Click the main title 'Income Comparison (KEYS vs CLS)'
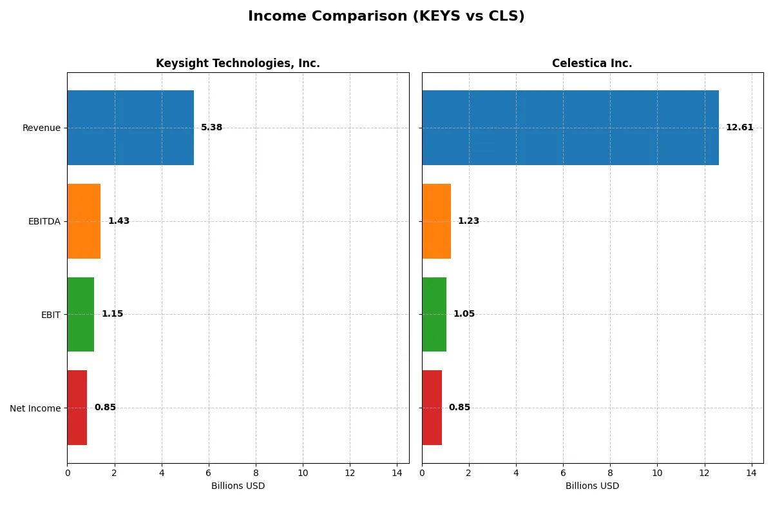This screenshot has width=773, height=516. [x=386, y=17]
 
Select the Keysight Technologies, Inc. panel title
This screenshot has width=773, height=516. [x=238, y=63]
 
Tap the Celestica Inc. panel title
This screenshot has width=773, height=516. [x=592, y=63]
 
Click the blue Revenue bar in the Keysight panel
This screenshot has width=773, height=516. [x=131, y=128]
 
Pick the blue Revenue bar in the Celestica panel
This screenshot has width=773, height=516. [x=570, y=128]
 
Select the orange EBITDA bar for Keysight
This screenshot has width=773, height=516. [x=84, y=221]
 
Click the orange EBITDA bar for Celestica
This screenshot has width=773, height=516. [x=436, y=221]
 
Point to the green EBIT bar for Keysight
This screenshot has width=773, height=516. [x=81, y=314]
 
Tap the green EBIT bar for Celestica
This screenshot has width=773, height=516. [x=434, y=314]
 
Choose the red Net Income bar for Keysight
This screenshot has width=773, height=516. [x=77, y=408]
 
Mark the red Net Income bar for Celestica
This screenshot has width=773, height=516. [x=432, y=408]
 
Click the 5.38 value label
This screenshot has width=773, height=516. [x=211, y=128]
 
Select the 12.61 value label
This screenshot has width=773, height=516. [x=739, y=128]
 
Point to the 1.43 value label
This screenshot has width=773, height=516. [x=119, y=221]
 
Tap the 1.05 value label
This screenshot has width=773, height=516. [x=464, y=314]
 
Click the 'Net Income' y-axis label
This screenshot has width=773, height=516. [x=35, y=408]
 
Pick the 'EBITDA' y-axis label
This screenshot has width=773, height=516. [x=44, y=222]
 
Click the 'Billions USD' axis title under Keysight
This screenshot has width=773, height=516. [x=238, y=486]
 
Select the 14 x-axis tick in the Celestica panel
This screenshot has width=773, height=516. [x=751, y=473]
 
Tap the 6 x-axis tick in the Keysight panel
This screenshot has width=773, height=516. [x=209, y=473]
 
